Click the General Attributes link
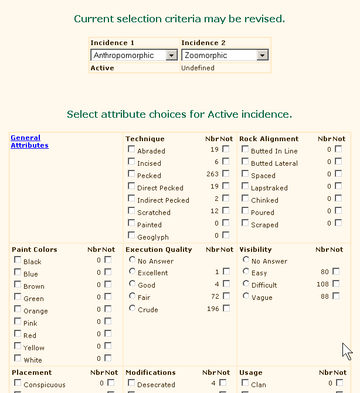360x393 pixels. [26, 142]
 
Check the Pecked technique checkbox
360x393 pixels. [131, 174]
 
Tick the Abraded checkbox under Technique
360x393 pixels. [131, 149]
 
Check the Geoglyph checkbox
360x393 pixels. [131, 235]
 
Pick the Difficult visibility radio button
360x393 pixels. [246, 284]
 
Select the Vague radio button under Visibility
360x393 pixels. [246, 296]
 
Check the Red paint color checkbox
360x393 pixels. [18, 334]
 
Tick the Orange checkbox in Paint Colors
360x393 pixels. [18, 310]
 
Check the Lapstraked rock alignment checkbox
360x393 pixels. [245, 187]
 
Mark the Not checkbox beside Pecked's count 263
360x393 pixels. [226, 174]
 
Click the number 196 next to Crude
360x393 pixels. [213, 309]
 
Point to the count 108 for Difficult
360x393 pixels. [323, 285]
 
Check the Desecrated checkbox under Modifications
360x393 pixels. [131, 384]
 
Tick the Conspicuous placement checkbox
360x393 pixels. [18, 384]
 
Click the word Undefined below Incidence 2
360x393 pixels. [198, 68]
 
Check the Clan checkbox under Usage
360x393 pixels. [245, 384]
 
